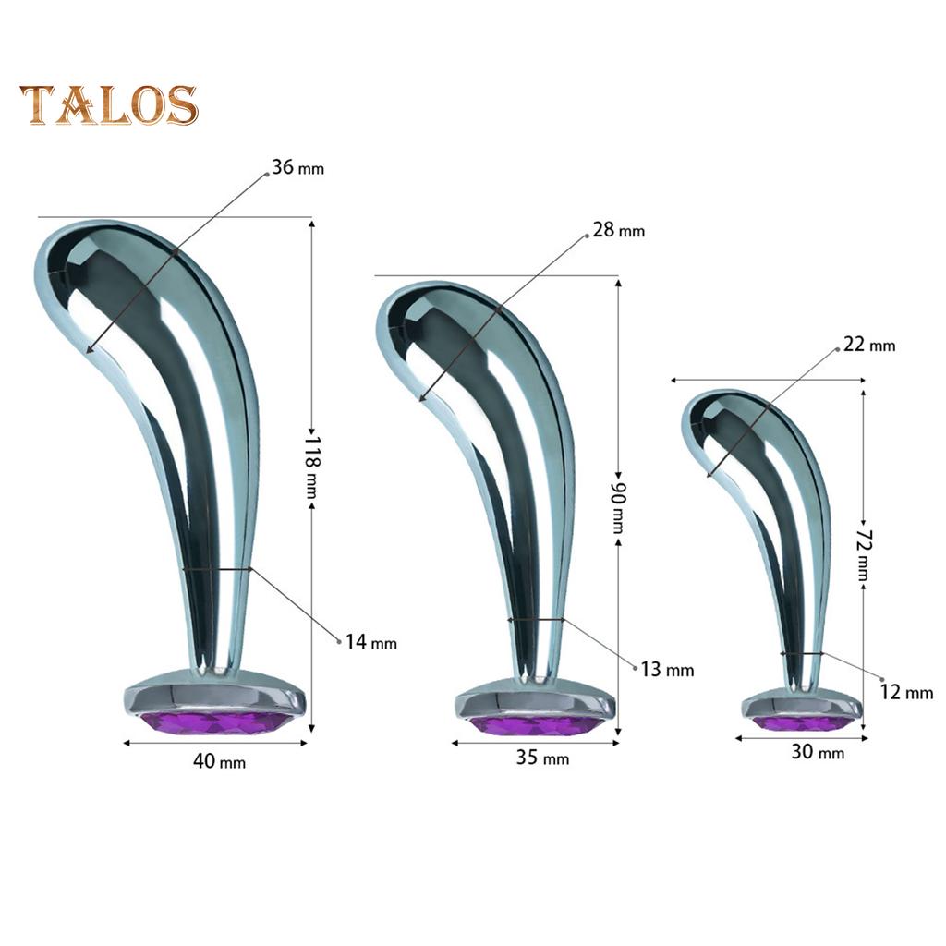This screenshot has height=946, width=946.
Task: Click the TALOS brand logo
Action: coord(109,105)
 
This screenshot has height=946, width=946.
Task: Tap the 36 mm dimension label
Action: coord(297,168)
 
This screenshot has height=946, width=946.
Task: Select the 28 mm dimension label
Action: coord(618,230)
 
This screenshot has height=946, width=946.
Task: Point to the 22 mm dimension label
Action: coord(869,346)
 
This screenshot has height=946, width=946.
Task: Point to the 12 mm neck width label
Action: coord(906,692)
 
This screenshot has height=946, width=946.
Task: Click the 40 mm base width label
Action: coord(219,761)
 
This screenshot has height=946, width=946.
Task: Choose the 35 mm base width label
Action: coord(542,758)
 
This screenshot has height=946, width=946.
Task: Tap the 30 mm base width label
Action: coord(818,752)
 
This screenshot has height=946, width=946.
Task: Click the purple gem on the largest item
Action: coord(215,721)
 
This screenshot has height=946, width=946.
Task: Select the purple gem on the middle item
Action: coord(537,725)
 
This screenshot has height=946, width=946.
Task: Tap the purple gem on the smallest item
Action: coord(802,722)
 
